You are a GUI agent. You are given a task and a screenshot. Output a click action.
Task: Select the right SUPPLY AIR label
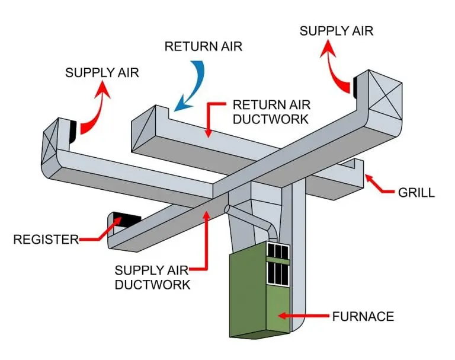(336, 30)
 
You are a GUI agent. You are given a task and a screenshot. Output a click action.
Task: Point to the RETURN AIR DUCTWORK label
(271, 111)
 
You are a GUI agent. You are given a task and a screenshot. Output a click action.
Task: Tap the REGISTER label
(46, 240)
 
